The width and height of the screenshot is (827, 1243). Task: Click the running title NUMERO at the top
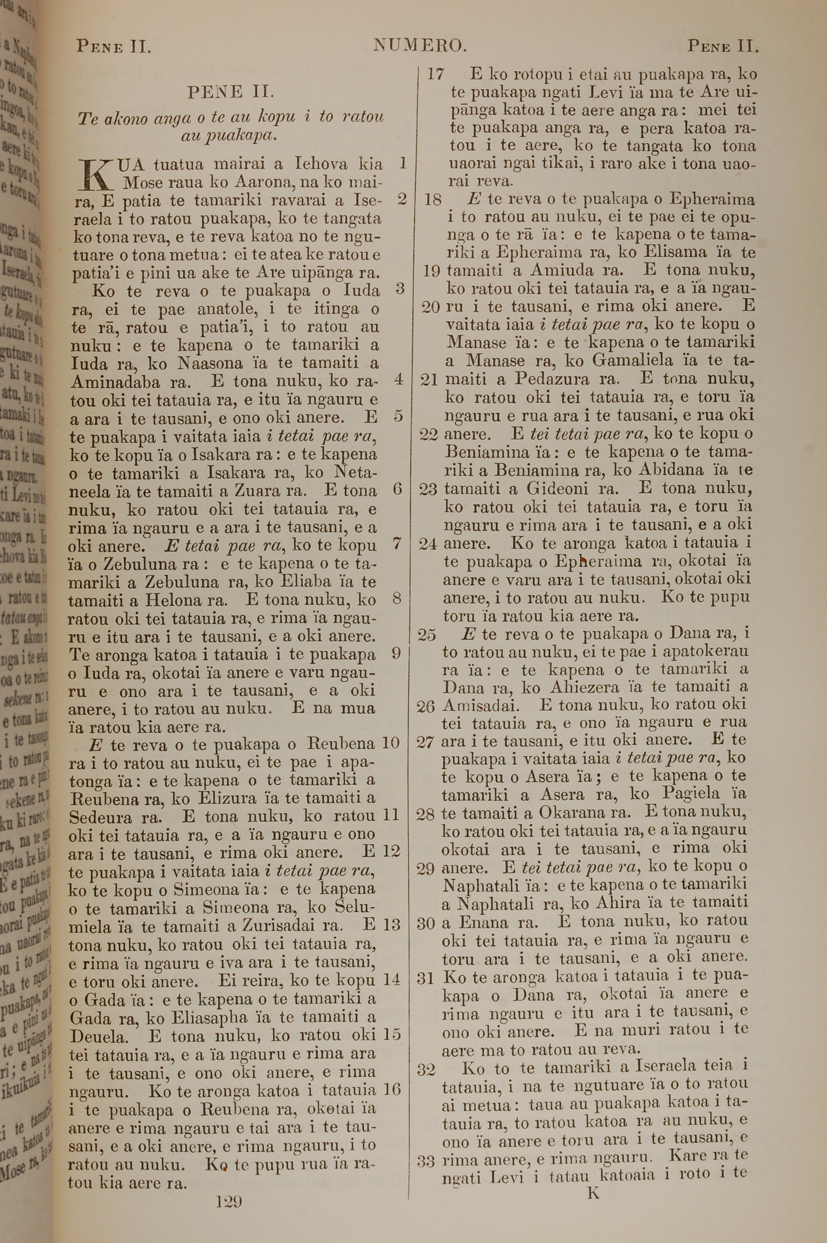(x=420, y=46)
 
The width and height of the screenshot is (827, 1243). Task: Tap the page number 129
(x=229, y=1201)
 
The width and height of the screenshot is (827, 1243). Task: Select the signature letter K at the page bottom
(x=593, y=1193)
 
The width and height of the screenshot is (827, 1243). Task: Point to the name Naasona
(x=210, y=363)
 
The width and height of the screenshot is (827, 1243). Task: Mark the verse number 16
(x=392, y=1088)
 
